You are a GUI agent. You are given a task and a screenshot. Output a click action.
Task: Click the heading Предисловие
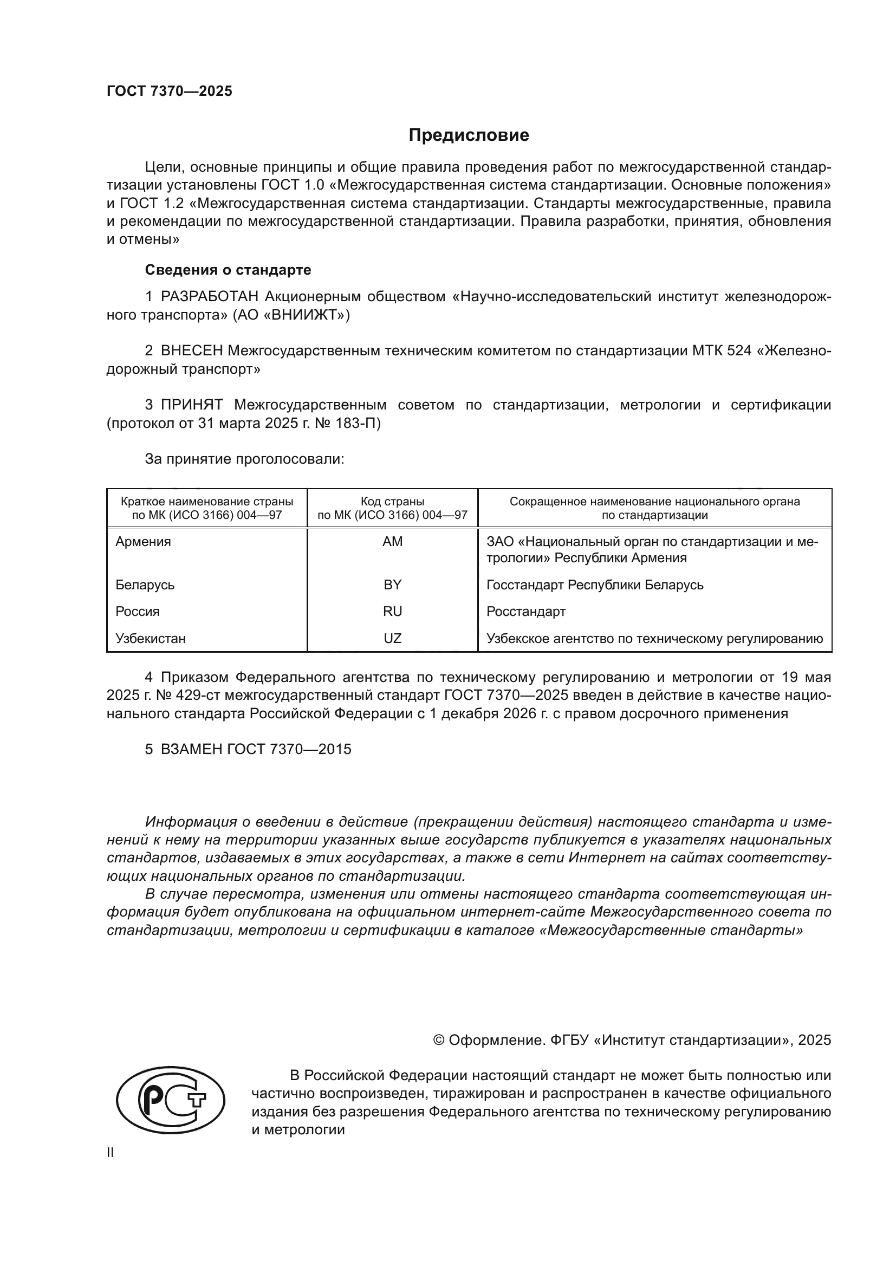pos(469,135)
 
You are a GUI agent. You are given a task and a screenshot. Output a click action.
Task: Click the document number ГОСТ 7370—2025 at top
pos(170,92)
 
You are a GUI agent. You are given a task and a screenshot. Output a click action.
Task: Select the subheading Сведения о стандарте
pos(228,270)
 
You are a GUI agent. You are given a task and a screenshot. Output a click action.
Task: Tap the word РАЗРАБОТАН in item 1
pos(209,297)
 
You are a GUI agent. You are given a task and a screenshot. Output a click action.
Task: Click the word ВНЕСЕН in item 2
pos(191,351)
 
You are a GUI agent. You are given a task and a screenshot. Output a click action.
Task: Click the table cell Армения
pos(144,542)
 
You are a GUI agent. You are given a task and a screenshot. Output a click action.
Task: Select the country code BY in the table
pos(392,585)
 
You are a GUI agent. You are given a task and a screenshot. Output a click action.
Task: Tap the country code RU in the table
pos(392,612)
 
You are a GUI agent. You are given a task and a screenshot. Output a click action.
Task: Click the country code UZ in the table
pos(392,639)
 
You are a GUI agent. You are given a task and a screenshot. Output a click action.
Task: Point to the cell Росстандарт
pos(526,612)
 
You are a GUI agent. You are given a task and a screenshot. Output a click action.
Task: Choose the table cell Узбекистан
pos(151,639)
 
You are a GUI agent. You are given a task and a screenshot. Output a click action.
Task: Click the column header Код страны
pos(392,502)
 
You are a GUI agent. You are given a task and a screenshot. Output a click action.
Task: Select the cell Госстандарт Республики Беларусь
pos(595,585)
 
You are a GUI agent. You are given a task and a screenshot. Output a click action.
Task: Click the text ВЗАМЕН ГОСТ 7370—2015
pos(256,749)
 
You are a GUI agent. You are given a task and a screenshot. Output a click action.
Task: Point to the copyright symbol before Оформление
pos(439,1040)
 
